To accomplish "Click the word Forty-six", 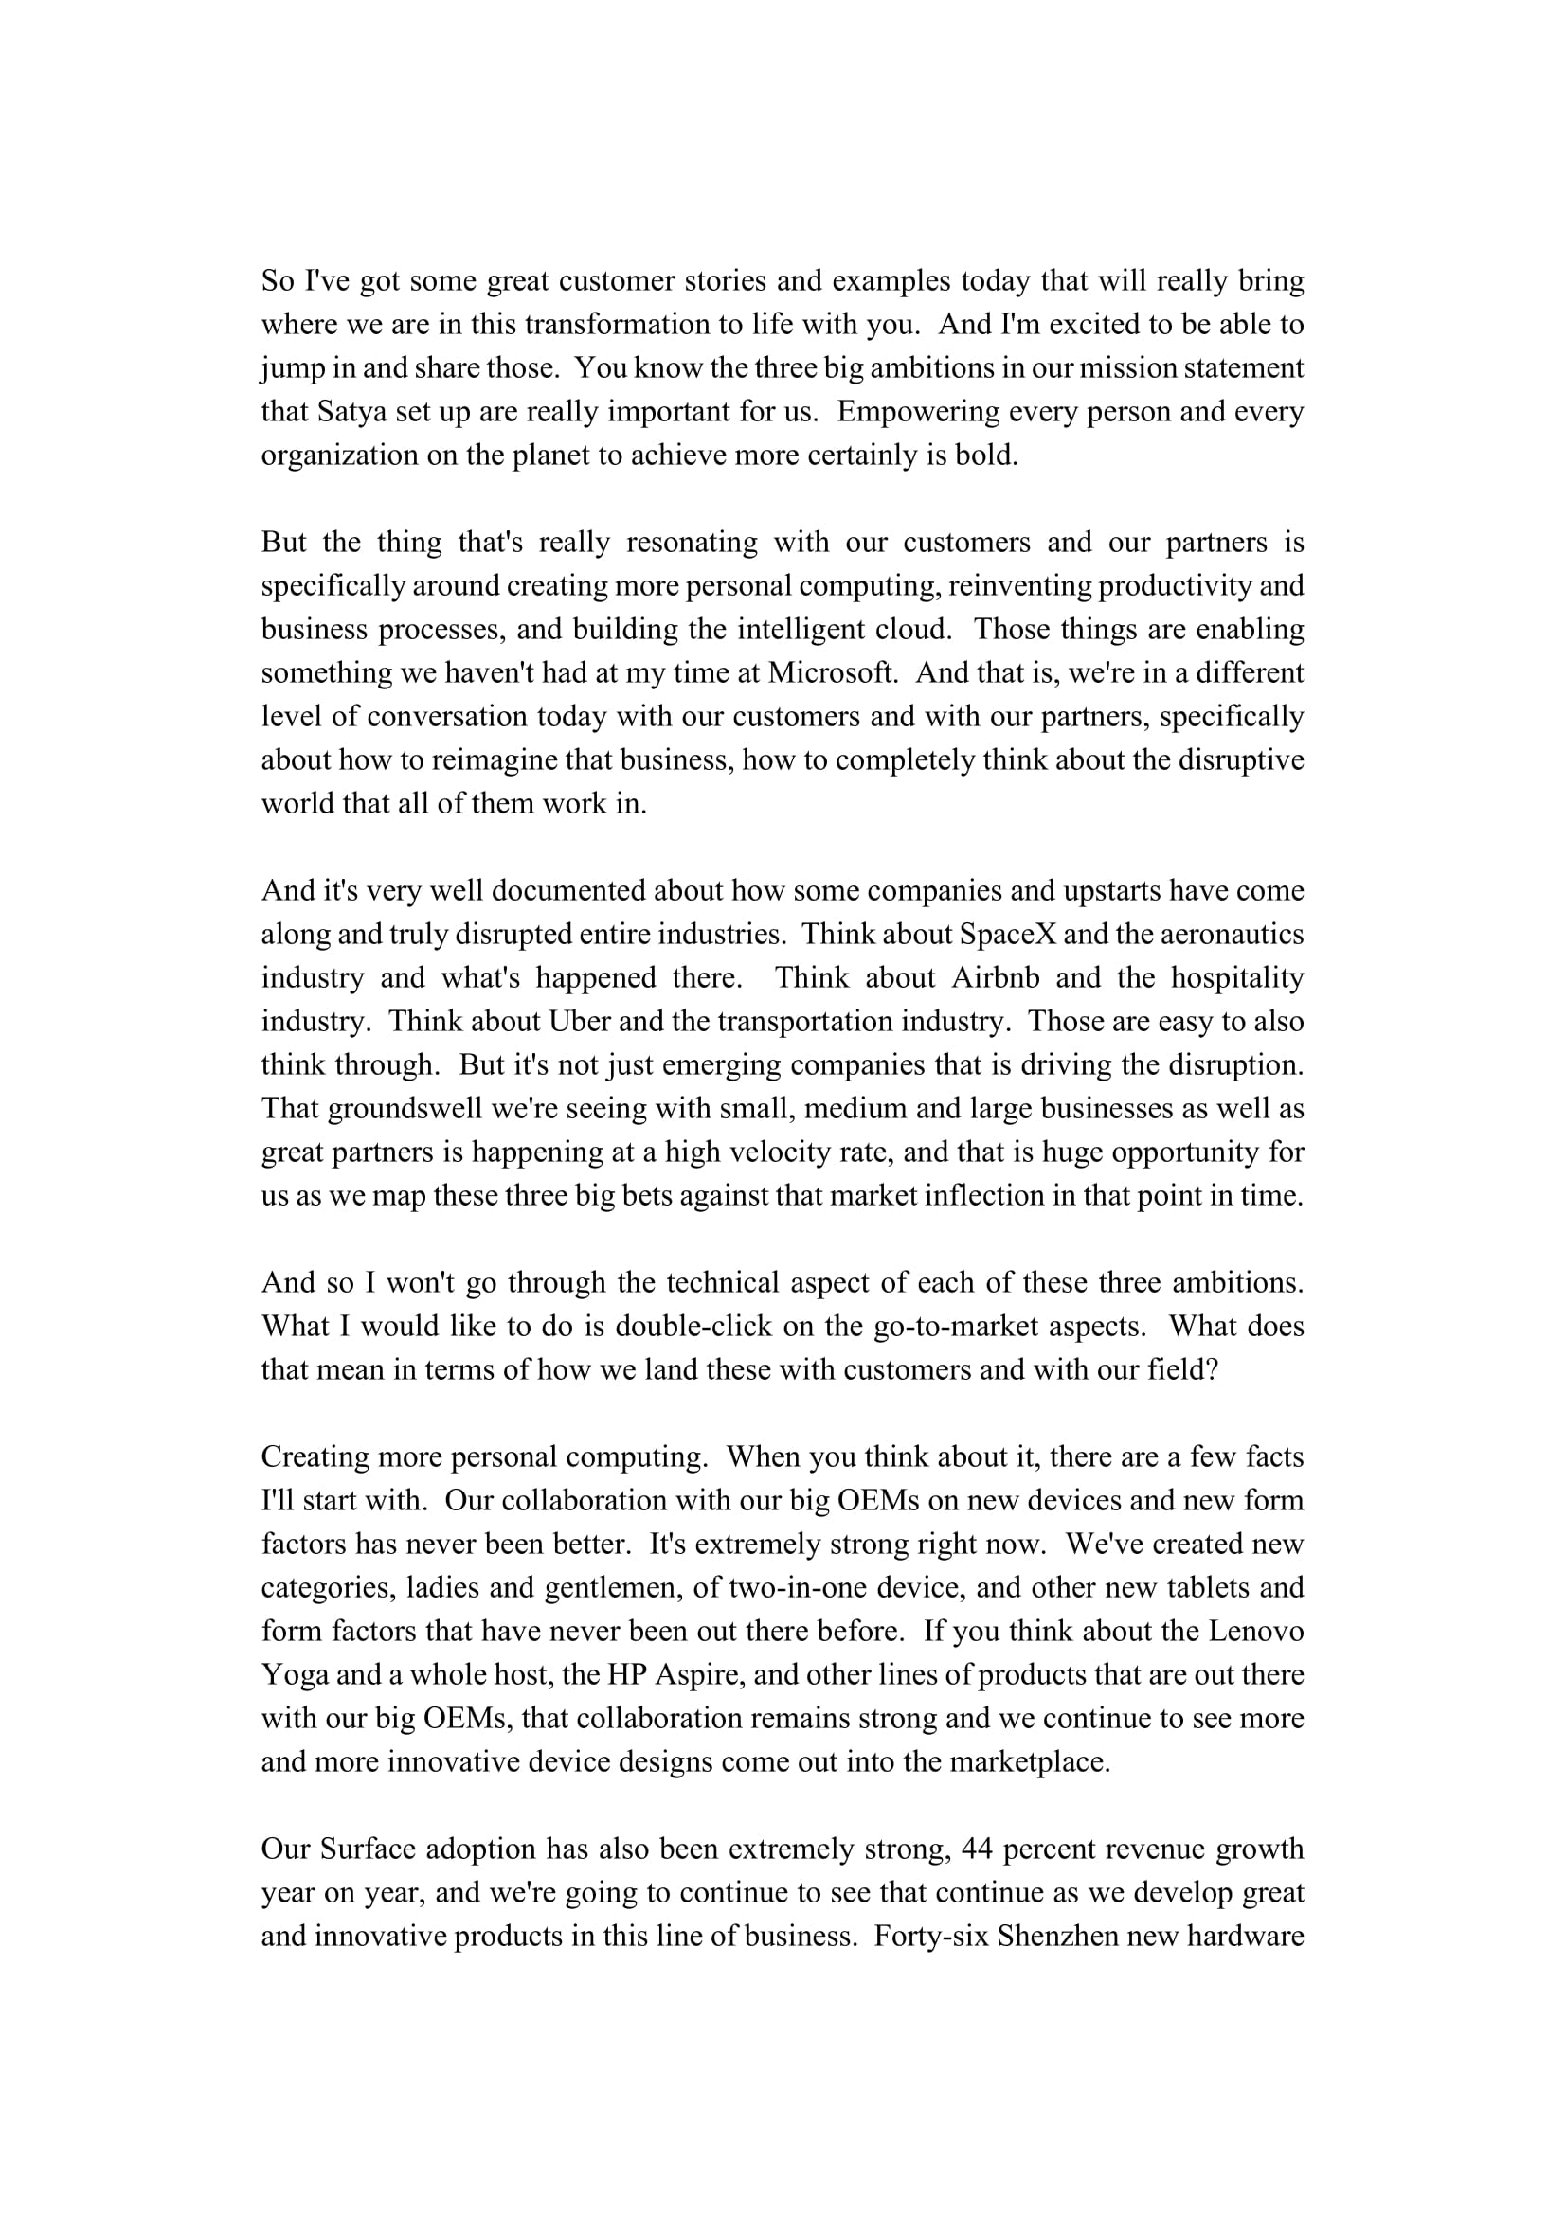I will pyautogui.click(x=927, y=1936).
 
